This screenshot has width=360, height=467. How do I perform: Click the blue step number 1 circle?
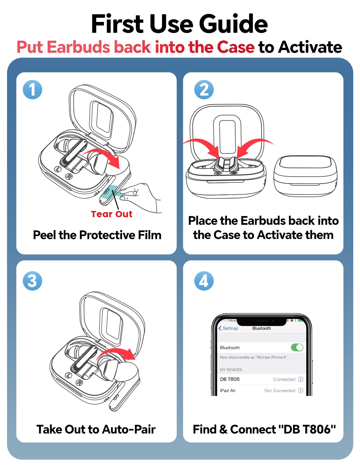[x=32, y=89]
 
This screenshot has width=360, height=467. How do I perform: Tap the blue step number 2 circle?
[x=204, y=89]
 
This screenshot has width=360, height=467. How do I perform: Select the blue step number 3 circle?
[x=32, y=281]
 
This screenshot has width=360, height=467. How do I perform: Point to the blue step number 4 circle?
[x=204, y=281]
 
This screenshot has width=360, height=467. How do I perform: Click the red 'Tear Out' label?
[x=111, y=214]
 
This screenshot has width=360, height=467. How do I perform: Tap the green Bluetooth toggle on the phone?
[x=297, y=347]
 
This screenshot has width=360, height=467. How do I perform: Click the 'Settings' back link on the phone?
[x=228, y=328]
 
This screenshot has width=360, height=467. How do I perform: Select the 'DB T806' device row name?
[x=229, y=379]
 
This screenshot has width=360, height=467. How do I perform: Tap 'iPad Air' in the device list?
[x=228, y=390]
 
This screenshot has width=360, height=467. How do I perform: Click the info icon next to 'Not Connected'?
[x=300, y=390]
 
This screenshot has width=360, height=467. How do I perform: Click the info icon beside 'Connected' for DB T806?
[x=300, y=379]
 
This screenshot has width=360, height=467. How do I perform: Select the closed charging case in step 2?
[x=305, y=176]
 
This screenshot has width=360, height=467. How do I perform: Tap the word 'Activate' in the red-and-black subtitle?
[x=310, y=47]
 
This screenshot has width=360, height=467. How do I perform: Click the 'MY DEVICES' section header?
[x=231, y=370]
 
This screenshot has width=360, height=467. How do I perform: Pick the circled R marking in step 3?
[x=79, y=383]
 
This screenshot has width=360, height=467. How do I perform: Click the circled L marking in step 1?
[x=58, y=169]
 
